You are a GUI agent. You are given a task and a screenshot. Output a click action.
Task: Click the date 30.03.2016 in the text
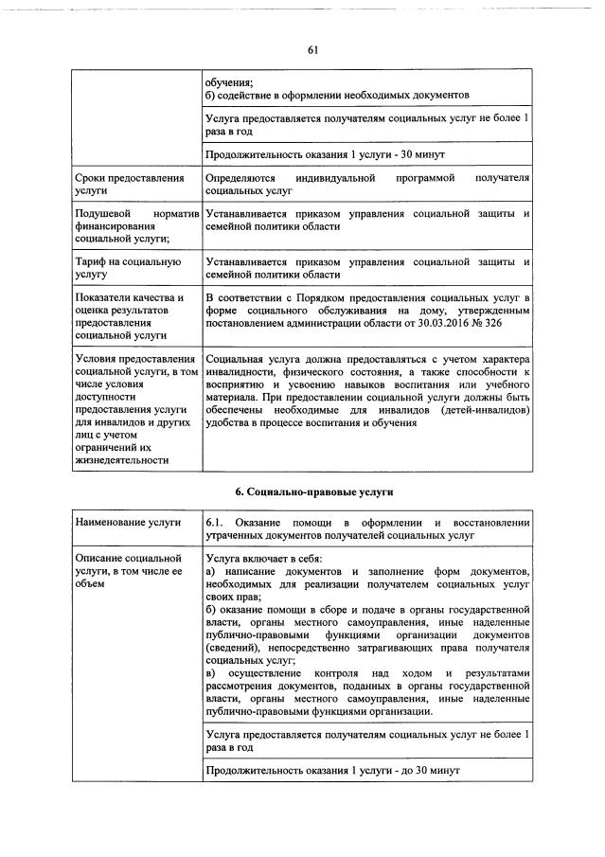pos(428,324)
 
